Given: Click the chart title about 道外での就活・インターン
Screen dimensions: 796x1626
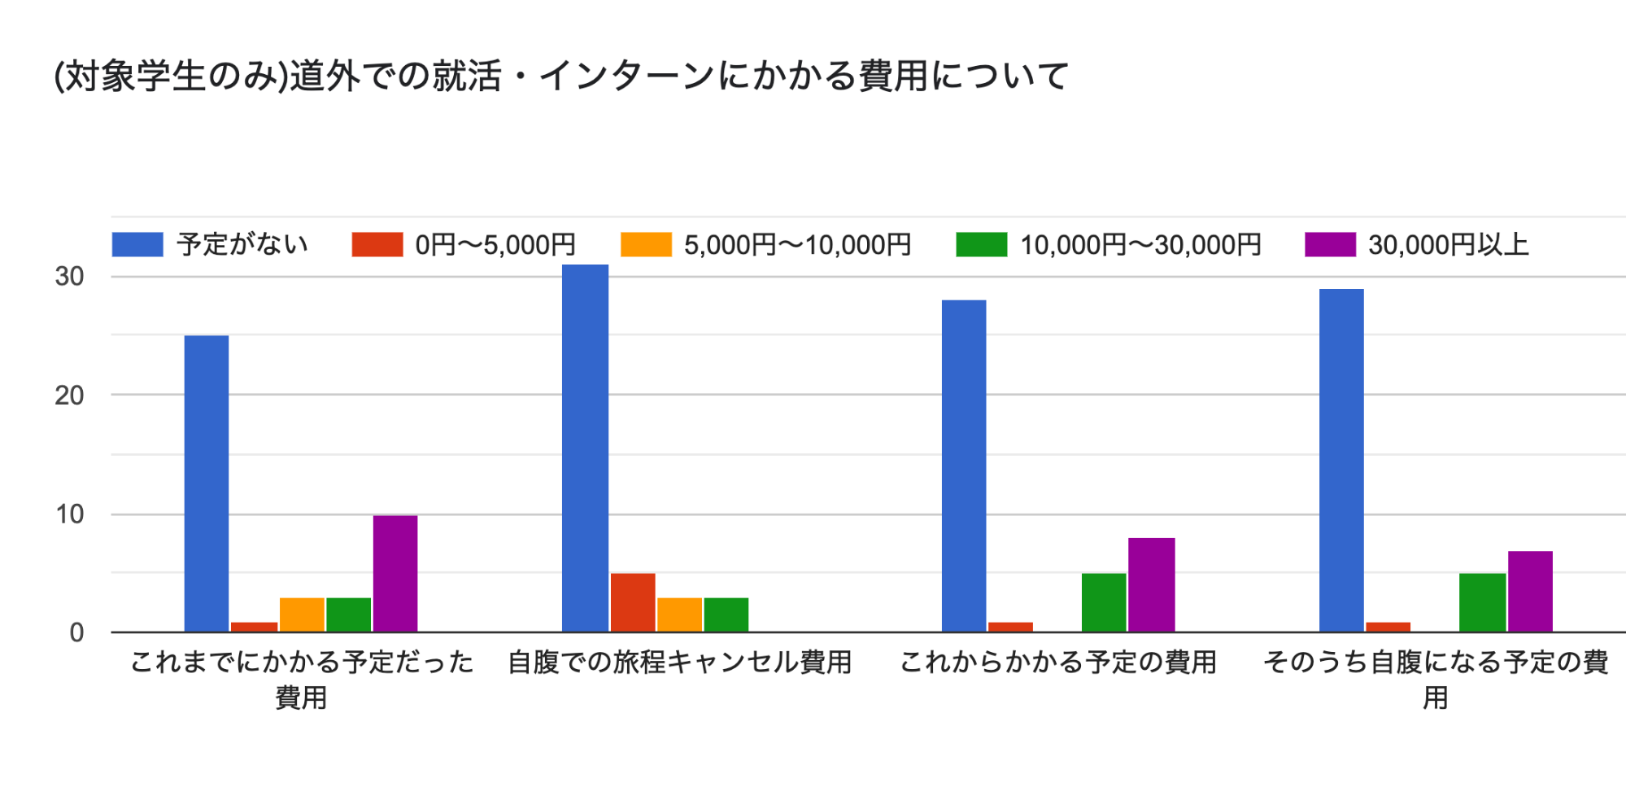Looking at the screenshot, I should point(561,77).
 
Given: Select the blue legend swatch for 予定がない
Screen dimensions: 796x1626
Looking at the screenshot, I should point(137,244).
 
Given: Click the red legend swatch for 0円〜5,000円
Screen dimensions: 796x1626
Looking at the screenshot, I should point(377,244).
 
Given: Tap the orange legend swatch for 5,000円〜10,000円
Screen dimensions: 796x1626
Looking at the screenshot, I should point(646,244).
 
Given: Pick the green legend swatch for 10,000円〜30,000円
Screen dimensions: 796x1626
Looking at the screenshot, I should point(981,244).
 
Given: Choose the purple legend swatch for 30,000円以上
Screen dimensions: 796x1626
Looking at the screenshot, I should point(1330,244).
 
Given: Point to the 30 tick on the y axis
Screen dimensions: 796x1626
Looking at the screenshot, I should point(70,277).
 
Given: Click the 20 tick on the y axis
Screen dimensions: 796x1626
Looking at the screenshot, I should point(70,396).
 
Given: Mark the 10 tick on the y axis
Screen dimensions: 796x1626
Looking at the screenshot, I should point(70,514).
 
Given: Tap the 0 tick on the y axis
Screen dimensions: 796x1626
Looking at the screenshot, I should point(76,632).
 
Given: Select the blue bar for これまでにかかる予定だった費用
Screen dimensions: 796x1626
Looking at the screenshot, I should point(207,483).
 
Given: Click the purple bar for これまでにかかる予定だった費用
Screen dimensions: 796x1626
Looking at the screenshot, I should point(395,573).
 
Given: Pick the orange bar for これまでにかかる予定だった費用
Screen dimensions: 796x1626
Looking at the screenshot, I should point(302,614).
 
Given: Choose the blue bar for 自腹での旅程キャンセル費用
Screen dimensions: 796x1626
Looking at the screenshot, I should point(585,448).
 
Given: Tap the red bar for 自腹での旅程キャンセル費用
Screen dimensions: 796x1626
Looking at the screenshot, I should point(633,602).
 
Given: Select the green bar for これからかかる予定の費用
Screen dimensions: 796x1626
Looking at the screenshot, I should point(1104,602).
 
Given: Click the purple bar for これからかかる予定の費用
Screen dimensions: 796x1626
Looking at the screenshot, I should point(1151,584).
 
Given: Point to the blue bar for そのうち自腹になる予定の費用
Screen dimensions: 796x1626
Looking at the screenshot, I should point(1341,460).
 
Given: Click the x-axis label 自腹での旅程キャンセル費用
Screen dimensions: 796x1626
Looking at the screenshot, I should point(679,663).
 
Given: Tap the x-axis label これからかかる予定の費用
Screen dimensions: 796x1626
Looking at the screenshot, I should point(1058,663).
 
